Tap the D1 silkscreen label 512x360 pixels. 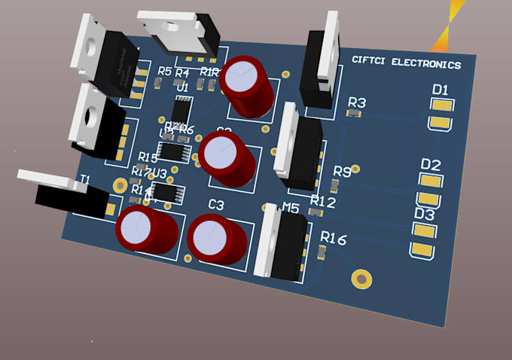[x=440, y=90]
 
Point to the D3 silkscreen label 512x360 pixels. [x=425, y=215]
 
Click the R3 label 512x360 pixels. [x=357, y=102]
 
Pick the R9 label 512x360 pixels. [x=342, y=172]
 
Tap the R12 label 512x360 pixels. [x=322, y=202]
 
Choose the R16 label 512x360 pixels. [x=333, y=239]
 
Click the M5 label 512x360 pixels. [x=291, y=208]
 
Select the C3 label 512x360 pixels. [x=216, y=205]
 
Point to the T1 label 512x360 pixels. [x=84, y=179]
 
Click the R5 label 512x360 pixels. [x=165, y=72]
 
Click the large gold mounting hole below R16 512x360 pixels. [x=362, y=279]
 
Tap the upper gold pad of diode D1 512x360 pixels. [x=440, y=105]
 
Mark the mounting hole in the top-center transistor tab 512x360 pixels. [x=171, y=26]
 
